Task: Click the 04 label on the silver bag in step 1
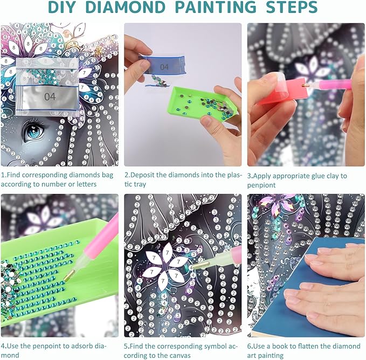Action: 50,96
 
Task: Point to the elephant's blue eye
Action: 34,130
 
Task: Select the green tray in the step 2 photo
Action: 203,103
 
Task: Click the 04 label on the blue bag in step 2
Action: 164,67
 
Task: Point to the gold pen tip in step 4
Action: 70,275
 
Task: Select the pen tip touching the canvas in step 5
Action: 201,265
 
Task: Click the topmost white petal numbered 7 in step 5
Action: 167,252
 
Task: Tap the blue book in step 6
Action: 308,287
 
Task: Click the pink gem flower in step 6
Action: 279,204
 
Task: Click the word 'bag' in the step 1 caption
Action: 107,175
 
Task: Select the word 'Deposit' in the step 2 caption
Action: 142,175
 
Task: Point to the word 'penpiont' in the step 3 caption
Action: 261,185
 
